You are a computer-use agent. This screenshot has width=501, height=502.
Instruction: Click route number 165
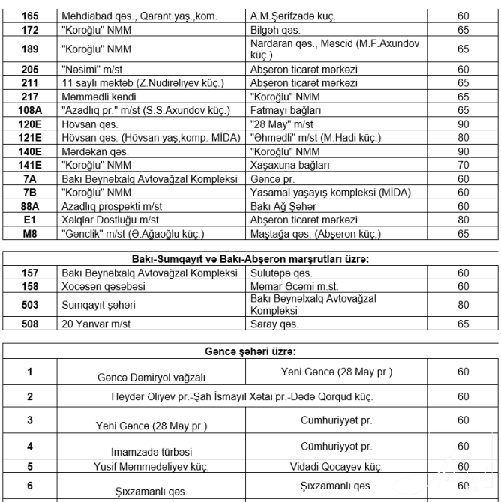click(x=30, y=14)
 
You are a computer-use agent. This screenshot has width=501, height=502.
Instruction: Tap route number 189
click(x=30, y=49)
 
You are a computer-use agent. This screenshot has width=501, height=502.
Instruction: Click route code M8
click(x=30, y=234)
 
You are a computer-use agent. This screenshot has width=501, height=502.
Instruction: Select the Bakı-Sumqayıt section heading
click(x=250, y=259)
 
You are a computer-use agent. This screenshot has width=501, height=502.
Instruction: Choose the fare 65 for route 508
click(x=463, y=324)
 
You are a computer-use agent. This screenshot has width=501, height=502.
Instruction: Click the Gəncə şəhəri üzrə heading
click(x=250, y=351)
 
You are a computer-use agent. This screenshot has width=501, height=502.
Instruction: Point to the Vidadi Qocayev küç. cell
click(x=337, y=466)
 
